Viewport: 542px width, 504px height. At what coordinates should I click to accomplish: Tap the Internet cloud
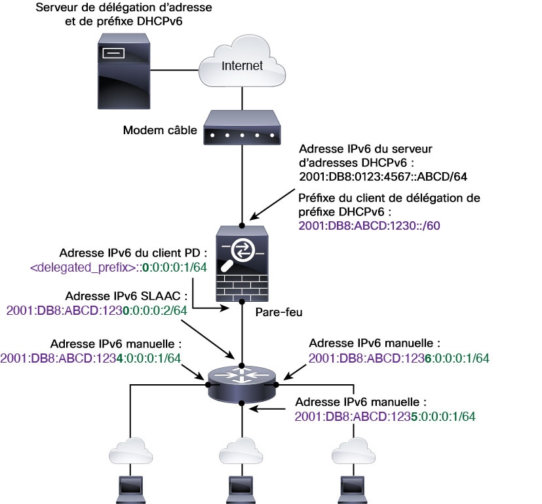coord(242,65)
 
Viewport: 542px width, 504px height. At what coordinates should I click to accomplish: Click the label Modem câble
coord(160,130)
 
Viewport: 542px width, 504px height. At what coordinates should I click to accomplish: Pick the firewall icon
coord(242,261)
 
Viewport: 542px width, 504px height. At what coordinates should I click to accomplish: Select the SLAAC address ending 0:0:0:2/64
coord(96,310)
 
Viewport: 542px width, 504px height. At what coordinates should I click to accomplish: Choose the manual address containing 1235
coord(385,416)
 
